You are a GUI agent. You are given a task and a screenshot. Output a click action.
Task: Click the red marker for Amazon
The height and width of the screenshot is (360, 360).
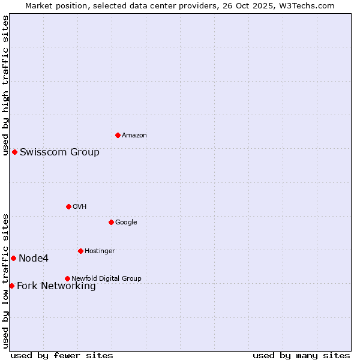(x=118, y=135)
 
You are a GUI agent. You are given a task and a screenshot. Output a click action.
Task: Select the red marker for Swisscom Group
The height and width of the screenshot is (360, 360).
(x=14, y=152)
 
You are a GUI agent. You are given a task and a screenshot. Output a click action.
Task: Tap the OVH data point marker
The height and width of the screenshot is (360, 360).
(x=68, y=206)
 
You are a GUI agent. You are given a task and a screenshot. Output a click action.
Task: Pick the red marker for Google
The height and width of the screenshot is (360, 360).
(x=111, y=222)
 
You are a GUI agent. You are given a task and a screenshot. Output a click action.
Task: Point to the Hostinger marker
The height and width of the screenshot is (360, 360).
(x=80, y=251)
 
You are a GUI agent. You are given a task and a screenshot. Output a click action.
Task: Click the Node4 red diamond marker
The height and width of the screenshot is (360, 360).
(x=13, y=258)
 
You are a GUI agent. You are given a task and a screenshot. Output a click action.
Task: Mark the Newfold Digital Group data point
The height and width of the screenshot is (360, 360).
(x=67, y=278)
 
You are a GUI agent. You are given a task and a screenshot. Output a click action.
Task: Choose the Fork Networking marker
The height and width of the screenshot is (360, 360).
(x=11, y=286)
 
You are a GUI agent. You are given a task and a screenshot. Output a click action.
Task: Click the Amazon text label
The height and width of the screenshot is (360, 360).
(x=134, y=136)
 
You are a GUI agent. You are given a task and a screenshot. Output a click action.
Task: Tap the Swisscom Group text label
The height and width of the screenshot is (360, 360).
(x=59, y=152)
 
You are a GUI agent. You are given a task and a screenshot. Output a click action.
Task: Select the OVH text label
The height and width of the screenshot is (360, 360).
(x=80, y=207)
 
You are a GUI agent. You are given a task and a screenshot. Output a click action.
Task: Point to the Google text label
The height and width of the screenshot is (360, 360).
(x=126, y=223)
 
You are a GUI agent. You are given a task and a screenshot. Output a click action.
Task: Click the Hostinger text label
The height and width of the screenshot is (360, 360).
(x=100, y=251)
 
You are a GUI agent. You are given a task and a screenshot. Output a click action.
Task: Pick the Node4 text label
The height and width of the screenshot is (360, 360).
(x=34, y=259)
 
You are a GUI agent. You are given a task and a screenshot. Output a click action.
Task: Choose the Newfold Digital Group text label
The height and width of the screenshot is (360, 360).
(x=106, y=279)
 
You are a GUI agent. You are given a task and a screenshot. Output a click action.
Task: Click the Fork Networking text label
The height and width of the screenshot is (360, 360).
(x=56, y=286)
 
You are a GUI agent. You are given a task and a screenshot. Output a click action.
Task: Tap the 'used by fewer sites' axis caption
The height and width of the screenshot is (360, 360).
(x=62, y=356)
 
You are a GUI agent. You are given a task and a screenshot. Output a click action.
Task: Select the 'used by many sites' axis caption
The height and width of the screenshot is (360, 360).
(x=301, y=356)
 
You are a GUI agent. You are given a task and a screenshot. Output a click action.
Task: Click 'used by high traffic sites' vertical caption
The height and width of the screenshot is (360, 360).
(x=5, y=85)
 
